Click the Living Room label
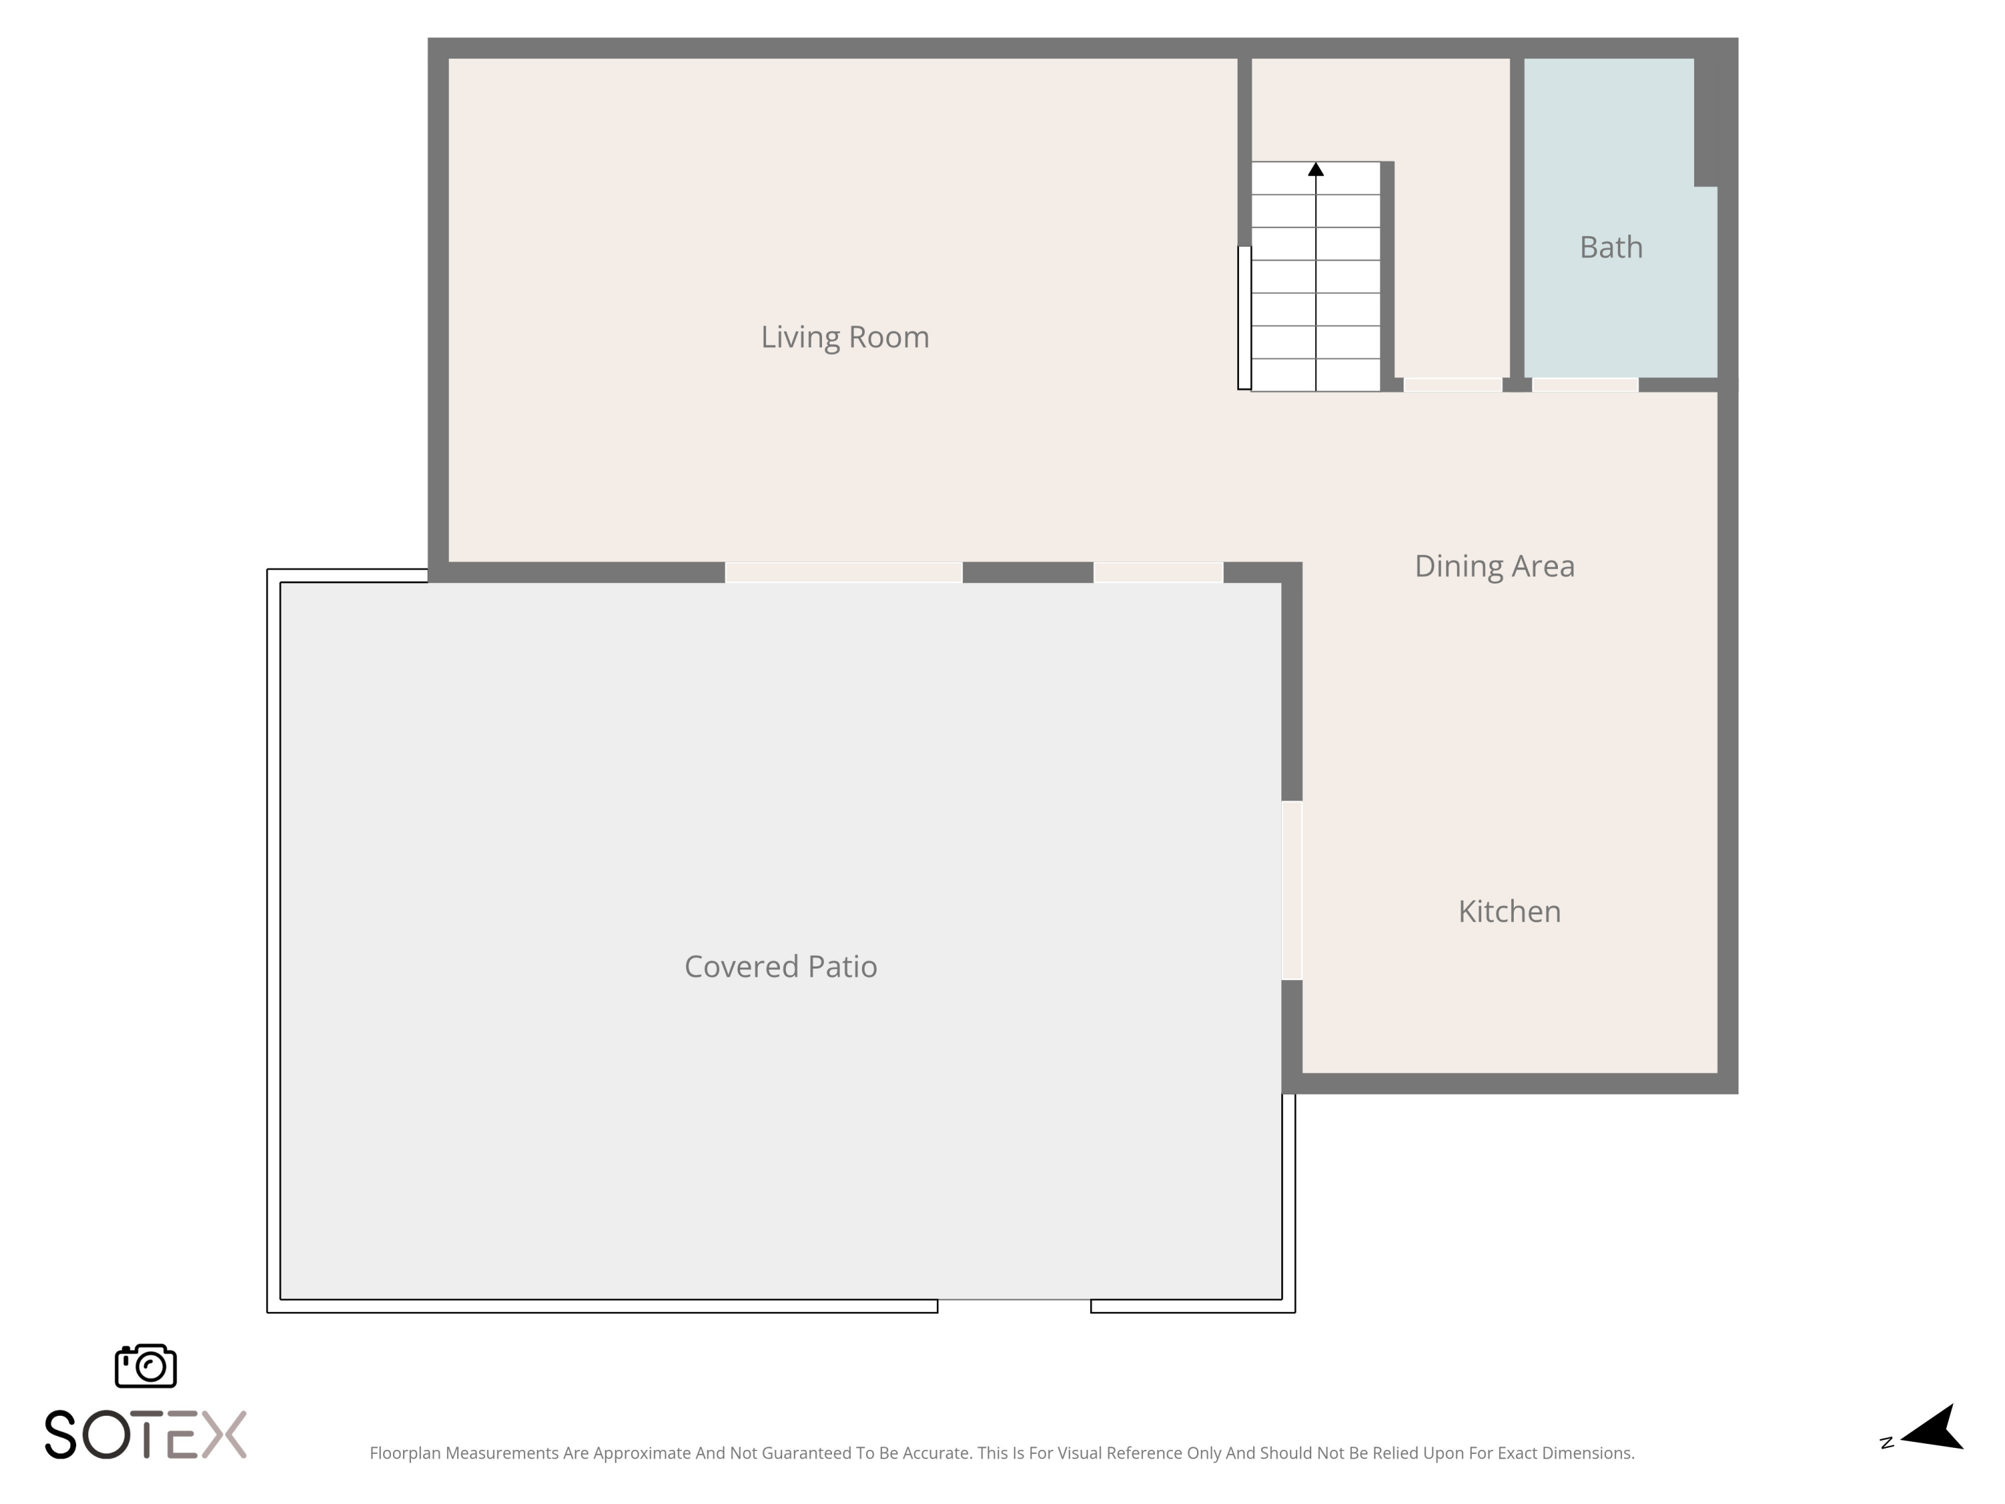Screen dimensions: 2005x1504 [845, 338]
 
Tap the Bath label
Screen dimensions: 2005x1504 [1611, 247]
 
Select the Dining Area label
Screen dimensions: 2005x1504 [1494, 566]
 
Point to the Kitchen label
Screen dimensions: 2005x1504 [1509, 911]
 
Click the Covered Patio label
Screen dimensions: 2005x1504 [781, 967]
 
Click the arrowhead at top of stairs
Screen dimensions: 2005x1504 [1316, 168]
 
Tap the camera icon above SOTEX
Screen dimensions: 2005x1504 [146, 1365]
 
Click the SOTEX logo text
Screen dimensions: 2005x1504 [145, 1434]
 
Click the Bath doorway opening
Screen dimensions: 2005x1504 [1585, 384]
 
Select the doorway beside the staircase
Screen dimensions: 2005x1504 [1452, 384]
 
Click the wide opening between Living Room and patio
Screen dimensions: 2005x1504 [843, 572]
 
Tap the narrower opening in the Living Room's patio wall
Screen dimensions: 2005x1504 [1158, 572]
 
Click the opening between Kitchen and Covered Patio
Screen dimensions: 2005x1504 [1292, 890]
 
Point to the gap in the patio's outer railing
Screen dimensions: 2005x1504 [1013, 1305]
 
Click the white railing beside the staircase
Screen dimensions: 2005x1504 [1244, 318]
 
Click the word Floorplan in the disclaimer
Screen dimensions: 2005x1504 [404, 1453]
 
